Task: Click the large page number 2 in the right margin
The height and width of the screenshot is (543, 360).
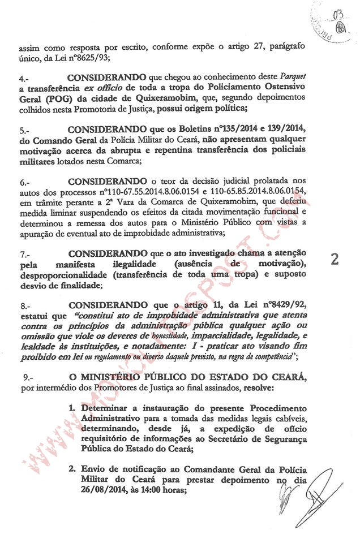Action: coord(335,259)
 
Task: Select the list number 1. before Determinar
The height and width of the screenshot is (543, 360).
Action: coord(72,408)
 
